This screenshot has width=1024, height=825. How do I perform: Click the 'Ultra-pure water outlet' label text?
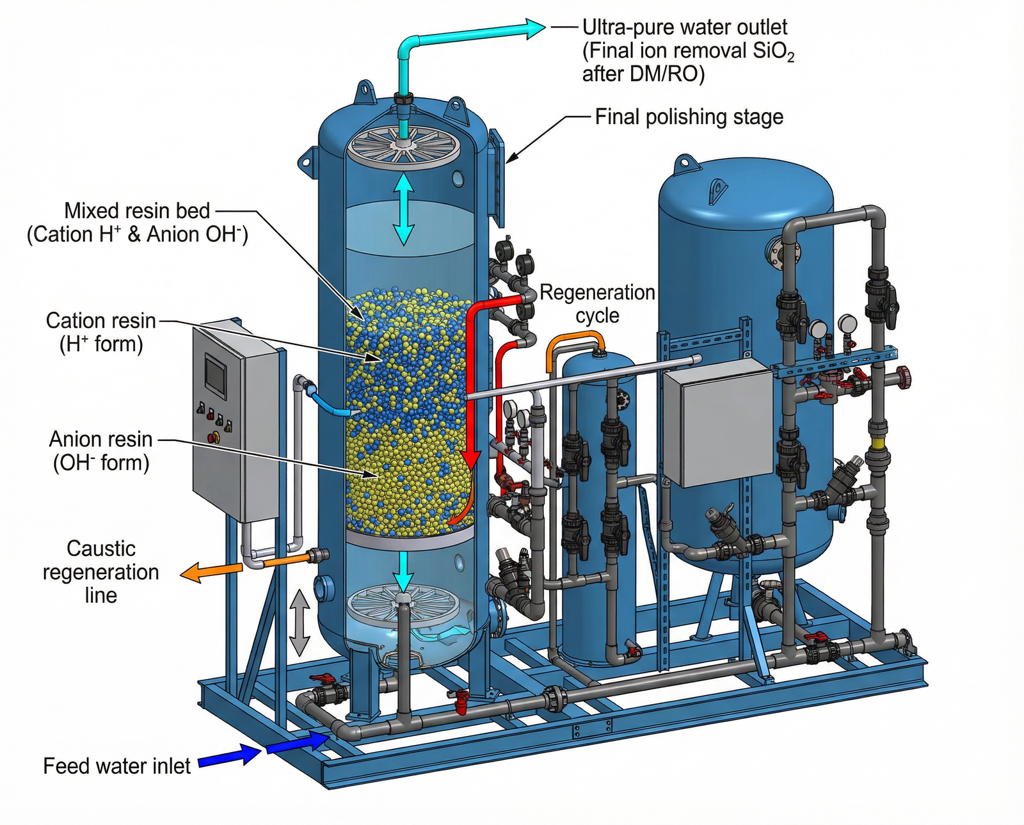(x=684, y=28)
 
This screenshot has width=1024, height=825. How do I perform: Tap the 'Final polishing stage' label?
(x=689, y=117)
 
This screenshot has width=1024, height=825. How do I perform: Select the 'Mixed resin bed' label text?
(x=137, y=211)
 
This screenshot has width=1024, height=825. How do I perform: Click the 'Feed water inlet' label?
(x=116, y=766)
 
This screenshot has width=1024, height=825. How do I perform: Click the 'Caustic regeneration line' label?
(x=101, y=572)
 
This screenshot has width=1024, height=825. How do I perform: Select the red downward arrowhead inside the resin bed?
(x=472, y=458)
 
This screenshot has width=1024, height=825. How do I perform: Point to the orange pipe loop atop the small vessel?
(x=574, y=344)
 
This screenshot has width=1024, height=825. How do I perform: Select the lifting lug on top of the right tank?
(x=686, y=162)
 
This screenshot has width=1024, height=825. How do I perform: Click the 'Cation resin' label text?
(x=101, y=321)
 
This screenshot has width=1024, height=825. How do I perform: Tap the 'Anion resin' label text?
(x=101, y=440)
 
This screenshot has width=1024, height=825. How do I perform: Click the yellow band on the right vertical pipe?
(x=875, y=443)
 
